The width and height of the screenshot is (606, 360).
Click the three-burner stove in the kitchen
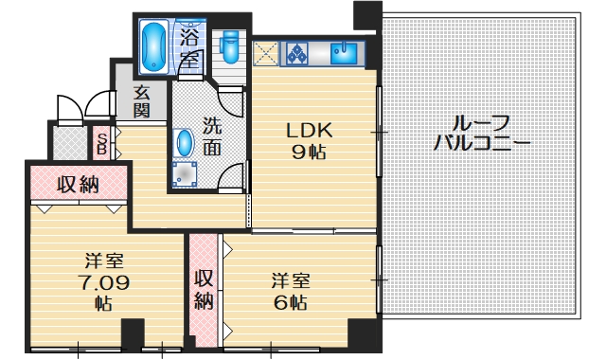coord(300,53)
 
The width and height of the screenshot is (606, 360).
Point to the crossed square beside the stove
coord(266,52)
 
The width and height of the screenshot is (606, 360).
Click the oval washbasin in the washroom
coord(186,143)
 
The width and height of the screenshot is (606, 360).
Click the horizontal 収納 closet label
coord(78,184)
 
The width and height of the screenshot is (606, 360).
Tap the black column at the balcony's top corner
coord(365,13)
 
